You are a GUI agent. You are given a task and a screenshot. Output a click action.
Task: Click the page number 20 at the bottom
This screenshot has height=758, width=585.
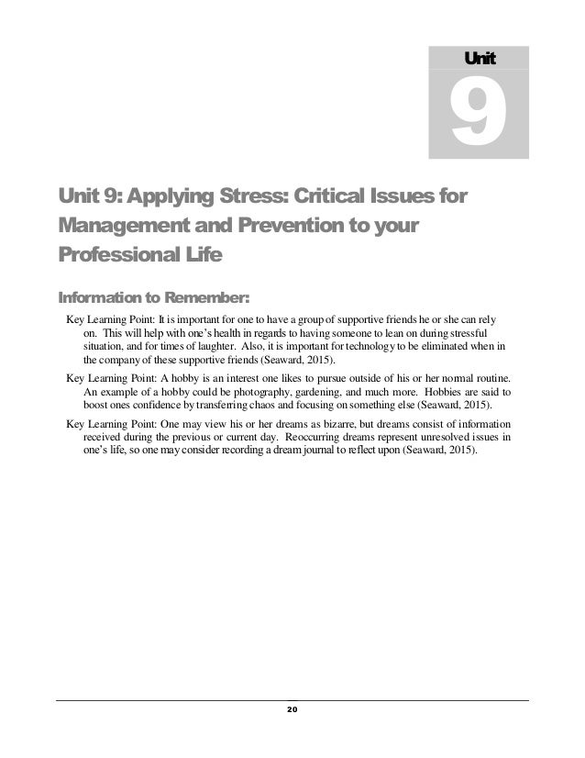pyautogui.click(x=292, y=709)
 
